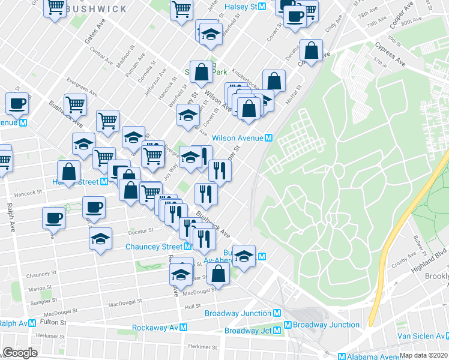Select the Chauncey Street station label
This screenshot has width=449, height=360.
pos(154,247)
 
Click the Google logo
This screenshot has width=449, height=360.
pos(20,353)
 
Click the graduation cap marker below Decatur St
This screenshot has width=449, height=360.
pos(101,239)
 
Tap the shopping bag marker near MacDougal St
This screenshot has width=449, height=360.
pos(218,274)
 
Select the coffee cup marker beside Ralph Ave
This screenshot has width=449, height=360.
pos(53,217)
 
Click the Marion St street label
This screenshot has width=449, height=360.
pos(40,288)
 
